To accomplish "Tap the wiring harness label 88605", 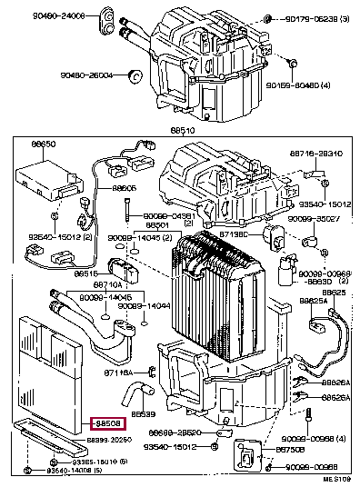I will [125, 188].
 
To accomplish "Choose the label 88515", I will [85, 273].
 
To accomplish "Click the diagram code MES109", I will [335, 478].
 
